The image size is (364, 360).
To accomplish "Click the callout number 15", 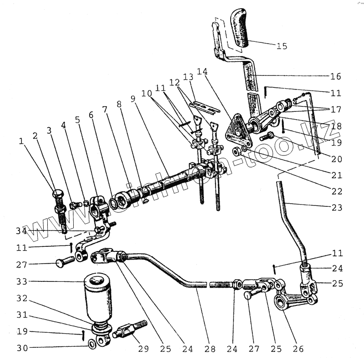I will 282,45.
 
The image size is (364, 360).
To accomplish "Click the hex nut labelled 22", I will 237,151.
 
